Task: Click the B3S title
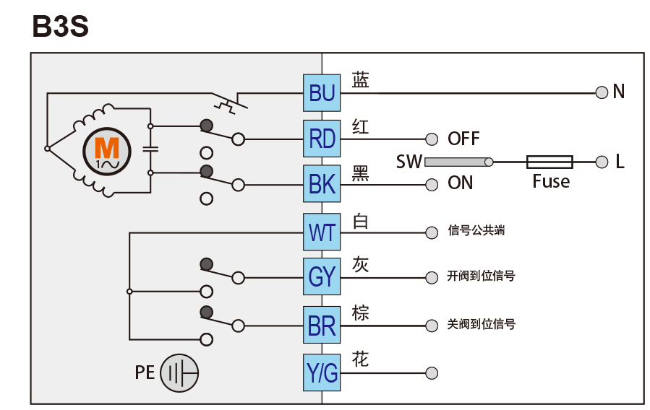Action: pos(60,27)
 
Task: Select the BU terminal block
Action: pos(322,92)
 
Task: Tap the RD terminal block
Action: pos(322,138)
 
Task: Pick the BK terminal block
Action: pos(322,184)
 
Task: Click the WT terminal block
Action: pos(322,232)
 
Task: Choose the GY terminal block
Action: pos(322,277)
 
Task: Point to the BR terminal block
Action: pos(322,326)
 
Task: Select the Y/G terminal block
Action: pos(322,373)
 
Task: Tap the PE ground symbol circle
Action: pos(179,373)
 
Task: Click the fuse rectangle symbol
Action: pos(549,162)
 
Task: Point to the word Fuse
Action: pos(551,181)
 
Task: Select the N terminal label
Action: pos(618,92)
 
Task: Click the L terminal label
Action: pos(620,162)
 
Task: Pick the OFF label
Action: pos(463,139)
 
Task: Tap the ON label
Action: pos(461,183)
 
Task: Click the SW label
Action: pos(409,162)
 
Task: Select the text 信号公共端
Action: pos(476,231)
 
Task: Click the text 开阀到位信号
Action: pos(482,276)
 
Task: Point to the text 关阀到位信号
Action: pos(482,325)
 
